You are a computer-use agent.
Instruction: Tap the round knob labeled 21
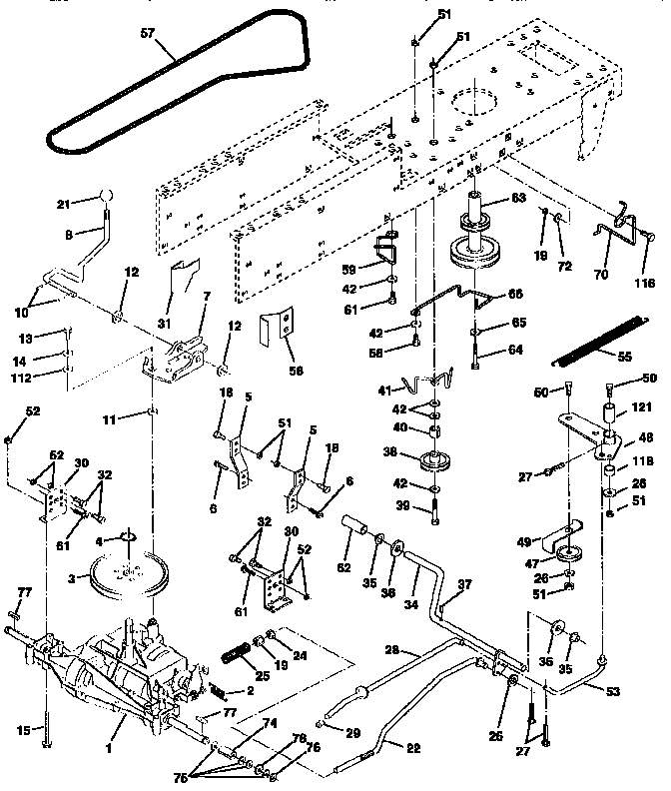click(x=104, y=195)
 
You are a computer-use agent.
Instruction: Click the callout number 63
click(x=517, y=199)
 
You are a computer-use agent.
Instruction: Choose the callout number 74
click(x=268, y=722)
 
